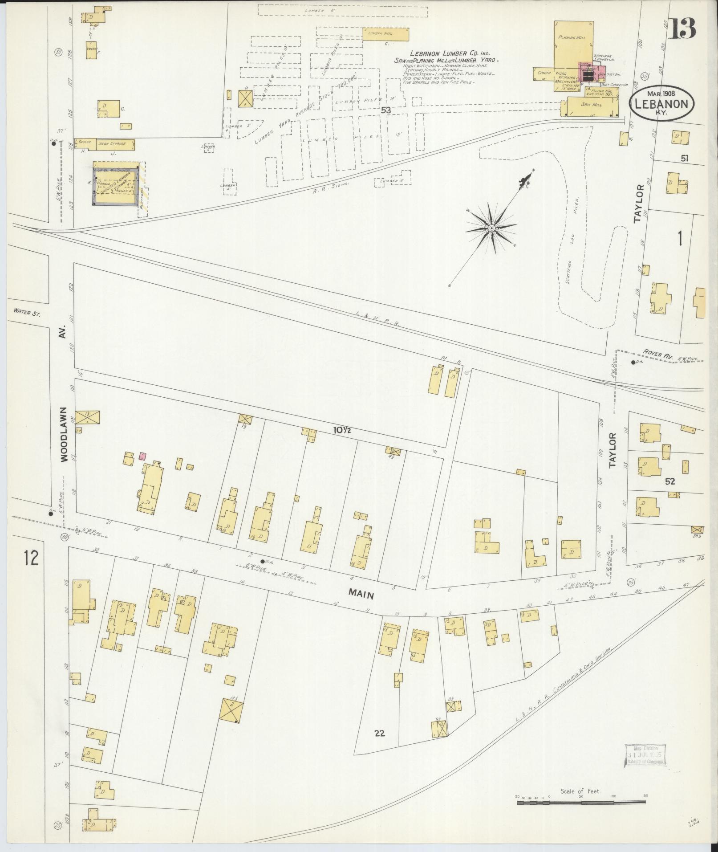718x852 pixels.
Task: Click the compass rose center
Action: (491, 228)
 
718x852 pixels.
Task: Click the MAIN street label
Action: (361, 595)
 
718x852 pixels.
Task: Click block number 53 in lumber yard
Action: (385, 109)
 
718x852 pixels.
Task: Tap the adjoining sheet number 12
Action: (31, 558)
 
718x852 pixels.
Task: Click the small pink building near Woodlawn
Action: (142, 456)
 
